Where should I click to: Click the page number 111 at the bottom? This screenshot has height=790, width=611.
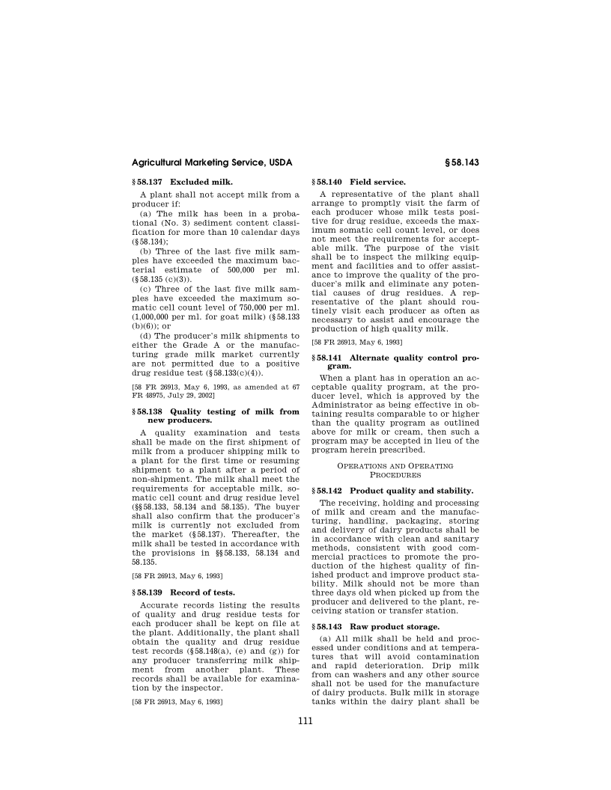click(305, 722)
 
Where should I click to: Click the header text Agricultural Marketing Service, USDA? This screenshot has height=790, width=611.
click(211, 162)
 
